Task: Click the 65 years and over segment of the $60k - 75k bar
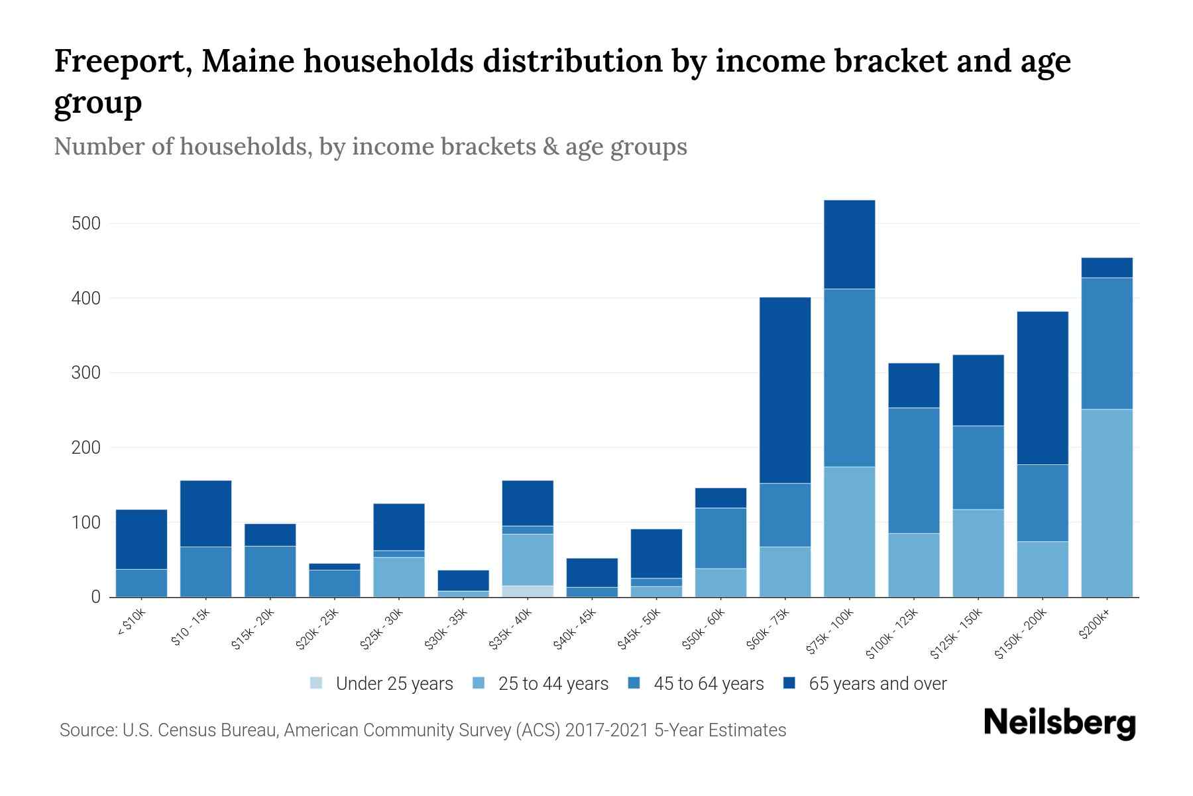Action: tap(785, 390)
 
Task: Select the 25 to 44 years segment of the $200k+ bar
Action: tap(1106, 503)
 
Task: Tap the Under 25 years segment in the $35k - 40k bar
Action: tap(528, 591)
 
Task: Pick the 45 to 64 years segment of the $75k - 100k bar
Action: tap(849, 377)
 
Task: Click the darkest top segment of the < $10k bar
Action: tap(141, 539)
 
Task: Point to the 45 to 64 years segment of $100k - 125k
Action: tap(913, 470)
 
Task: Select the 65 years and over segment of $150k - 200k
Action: tap(1042, 387)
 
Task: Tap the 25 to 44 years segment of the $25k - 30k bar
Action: tap(398, 576)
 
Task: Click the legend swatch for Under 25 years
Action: tap(317, 683)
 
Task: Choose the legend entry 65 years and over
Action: tap(877, 684)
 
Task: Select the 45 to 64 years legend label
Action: tap(708, 684)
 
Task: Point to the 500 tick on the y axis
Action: tap(86, 224)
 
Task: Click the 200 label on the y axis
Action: tap(86, 448)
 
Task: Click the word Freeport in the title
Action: tap(122, 61)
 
